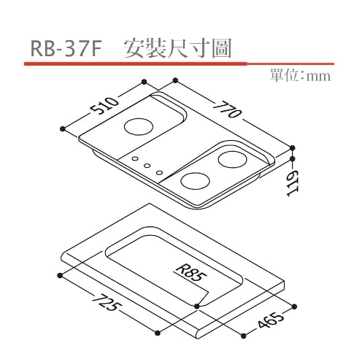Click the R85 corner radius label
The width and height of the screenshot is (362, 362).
tap(191, 275)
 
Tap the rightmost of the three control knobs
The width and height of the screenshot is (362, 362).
tap(158, 174)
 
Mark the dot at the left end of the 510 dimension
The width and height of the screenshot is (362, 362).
tap(64, 130)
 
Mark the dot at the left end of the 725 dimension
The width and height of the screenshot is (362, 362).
tap(57, 274)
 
